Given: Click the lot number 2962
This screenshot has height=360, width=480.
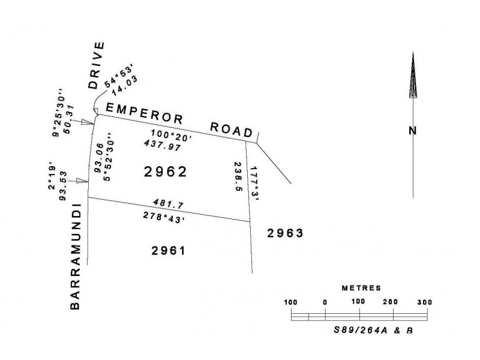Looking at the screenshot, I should click(166, 172).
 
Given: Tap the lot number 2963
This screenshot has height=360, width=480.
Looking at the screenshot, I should click(287, 233).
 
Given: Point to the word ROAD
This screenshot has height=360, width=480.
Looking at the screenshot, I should click(233, 130).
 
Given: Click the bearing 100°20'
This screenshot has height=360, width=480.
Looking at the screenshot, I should click(171, 135).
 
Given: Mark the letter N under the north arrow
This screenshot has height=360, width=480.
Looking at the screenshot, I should click(413, 130).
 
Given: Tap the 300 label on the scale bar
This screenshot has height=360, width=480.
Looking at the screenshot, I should click(424, 302).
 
